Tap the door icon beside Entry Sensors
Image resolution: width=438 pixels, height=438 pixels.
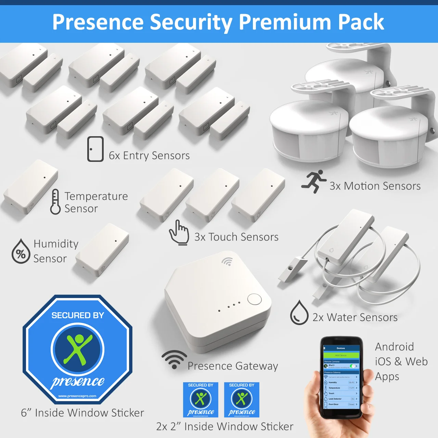click(x=95, y=149)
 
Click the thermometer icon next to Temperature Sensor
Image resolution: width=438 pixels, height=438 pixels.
click(x=55, y=202)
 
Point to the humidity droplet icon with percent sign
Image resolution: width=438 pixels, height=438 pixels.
click(x=21, y=252)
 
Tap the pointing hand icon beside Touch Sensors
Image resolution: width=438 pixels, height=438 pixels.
click(x=179, y=233)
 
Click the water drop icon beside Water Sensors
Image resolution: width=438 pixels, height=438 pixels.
click(x=299, y=312)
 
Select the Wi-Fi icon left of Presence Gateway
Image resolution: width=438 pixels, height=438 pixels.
click(x=174, y=360)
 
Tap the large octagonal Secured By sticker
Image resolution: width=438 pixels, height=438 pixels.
click(x=78, y=349)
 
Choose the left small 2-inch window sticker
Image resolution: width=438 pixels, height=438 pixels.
click(x=201, y=400)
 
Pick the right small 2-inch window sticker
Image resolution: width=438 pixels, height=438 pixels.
click(x=242, y=400)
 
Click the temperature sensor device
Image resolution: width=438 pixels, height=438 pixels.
click(x=31, y=186)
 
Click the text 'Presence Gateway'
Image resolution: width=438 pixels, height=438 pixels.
click(x=233, y=366)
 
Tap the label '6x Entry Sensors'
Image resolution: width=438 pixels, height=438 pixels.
click(x=149, y=156)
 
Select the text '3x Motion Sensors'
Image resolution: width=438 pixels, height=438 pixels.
click(x=375, y=186)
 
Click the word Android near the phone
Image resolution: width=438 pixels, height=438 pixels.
click(x=394, y=347)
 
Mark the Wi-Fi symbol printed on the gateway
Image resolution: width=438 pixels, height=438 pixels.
click(x=227, y=262)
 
